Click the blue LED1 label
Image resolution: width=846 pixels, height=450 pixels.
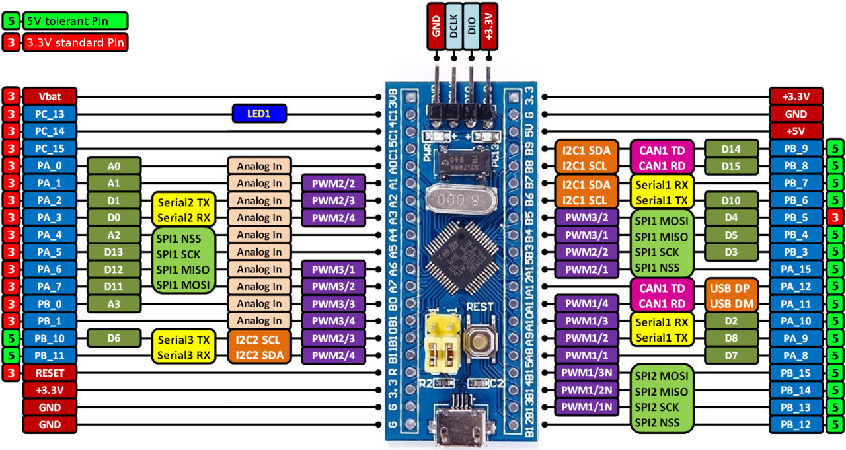pos(259,114)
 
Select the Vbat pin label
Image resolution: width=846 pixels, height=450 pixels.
pos(50,96)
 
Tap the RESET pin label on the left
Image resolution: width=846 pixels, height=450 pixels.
pos(50,373)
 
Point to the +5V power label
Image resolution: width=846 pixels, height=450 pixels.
pos(796,131)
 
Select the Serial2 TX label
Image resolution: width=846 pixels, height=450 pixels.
pos(182,201)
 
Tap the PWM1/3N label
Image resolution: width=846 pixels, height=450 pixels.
pos(586,373)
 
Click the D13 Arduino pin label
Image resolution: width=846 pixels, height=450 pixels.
pos(114,252)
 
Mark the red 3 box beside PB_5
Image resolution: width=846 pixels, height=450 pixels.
pos(835,217)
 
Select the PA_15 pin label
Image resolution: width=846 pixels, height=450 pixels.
pos(796,270)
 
